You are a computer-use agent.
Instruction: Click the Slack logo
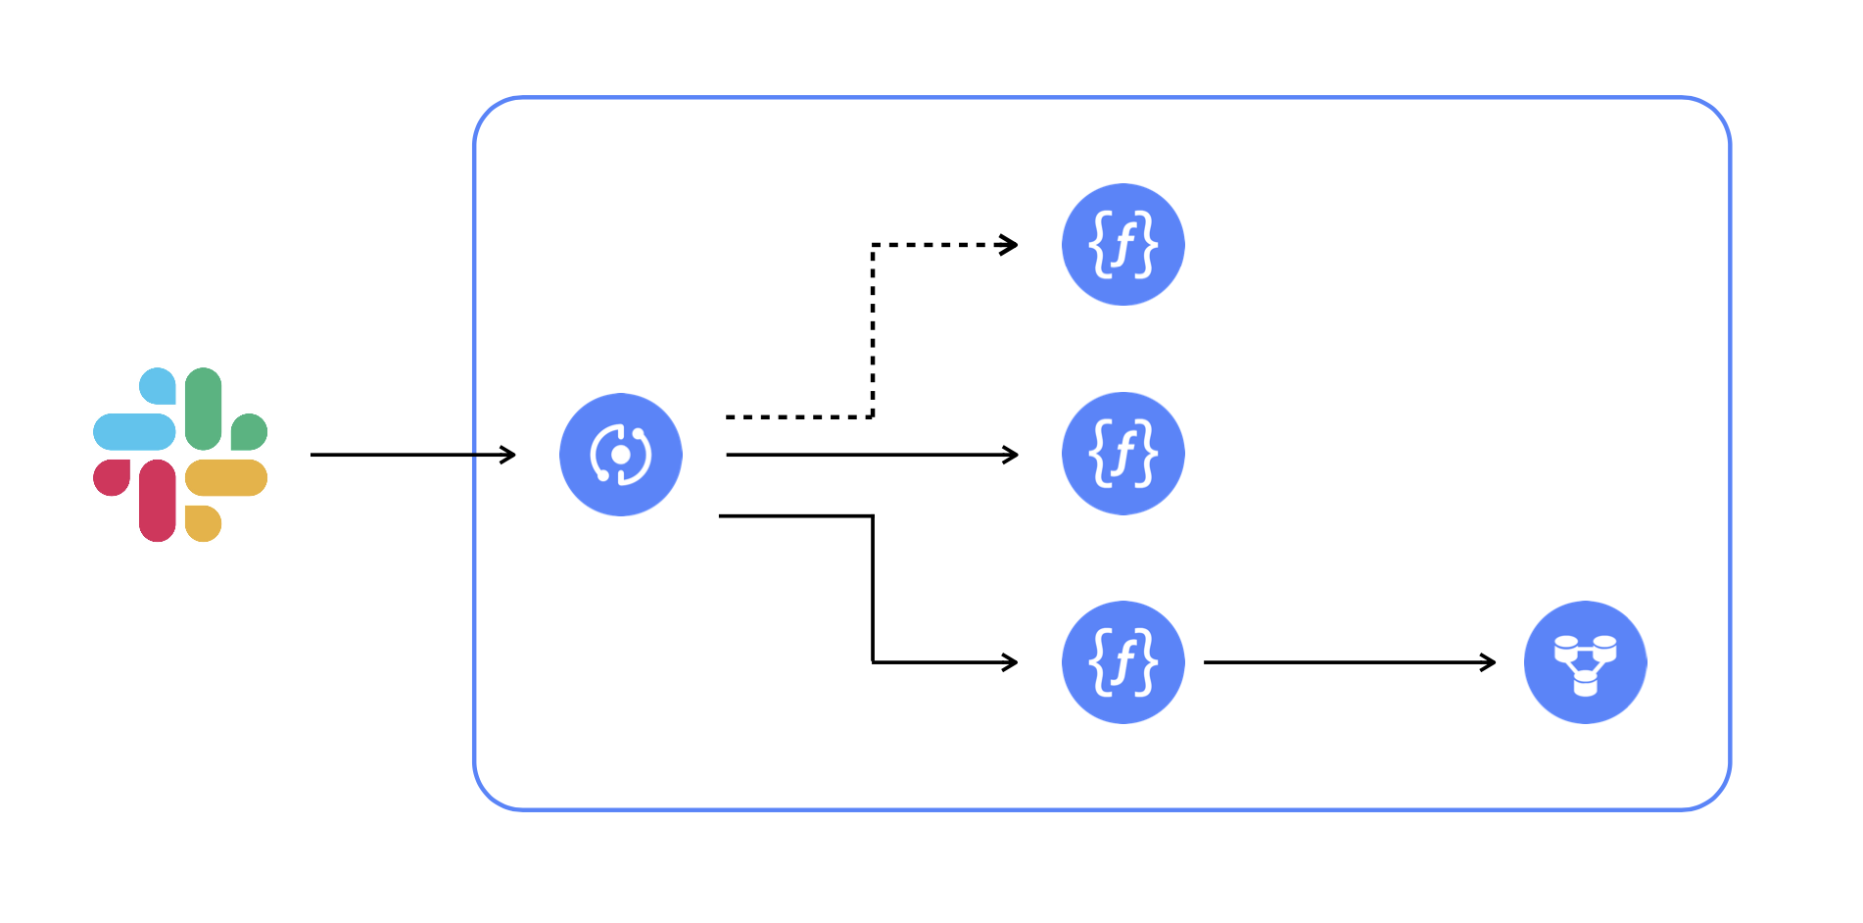click(180, 455)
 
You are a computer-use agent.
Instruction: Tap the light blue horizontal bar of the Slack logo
click(134, 432)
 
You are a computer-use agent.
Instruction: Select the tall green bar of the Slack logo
click(203, 409)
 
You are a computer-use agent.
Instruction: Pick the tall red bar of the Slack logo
click(157, 501)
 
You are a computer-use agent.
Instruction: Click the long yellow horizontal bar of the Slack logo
click(226, 477)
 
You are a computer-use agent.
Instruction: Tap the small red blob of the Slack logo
click(113, 476)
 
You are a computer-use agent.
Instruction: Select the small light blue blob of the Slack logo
click(159, 385)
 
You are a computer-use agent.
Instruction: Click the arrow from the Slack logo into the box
click(413, 455)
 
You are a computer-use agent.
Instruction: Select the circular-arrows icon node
click(621, 455)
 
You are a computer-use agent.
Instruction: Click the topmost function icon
click(1123, 245)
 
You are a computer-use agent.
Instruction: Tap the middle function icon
click(1123, 454)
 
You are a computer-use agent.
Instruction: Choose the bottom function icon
click(1123, 662)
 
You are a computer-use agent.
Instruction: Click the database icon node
click(1586, 662)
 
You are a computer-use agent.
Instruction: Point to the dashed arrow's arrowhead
click(1009, 245)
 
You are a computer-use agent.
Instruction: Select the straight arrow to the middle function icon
click(873, 455)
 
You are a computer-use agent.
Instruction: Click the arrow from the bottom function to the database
click(1350, 662)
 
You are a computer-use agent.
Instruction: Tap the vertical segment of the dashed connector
click(873, 331)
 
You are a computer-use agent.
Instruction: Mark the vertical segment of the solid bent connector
click(873, 589)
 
